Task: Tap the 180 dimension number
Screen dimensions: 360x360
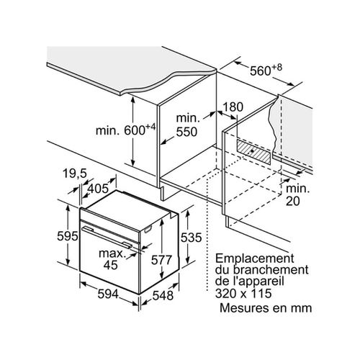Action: coord(233,107)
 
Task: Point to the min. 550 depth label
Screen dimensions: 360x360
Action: coord(187,125)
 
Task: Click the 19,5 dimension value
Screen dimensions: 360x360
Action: coord(75,174)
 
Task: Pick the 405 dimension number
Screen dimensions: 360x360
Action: coord(98,189)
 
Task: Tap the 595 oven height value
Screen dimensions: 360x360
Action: coord(68,236)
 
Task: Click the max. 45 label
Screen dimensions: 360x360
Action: coord(112,259)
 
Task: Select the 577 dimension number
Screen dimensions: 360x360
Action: coord(161,260)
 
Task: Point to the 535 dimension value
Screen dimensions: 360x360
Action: coord(192,238)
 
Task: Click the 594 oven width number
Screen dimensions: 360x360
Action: coord(108,294)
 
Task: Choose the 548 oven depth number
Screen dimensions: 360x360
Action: coord(163,295)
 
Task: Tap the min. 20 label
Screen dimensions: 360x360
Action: coord(297,195)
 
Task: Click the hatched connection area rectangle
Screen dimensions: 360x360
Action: coord(254,152)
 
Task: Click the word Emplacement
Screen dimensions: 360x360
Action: coord(255,259)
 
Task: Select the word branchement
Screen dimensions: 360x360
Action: coord(271,270)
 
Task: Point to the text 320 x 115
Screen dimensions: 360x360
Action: coord(243,293)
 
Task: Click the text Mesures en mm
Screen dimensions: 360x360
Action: coord(266,308)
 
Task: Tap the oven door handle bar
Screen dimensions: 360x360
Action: coord(107,237)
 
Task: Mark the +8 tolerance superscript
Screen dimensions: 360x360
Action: coord(277,68)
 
